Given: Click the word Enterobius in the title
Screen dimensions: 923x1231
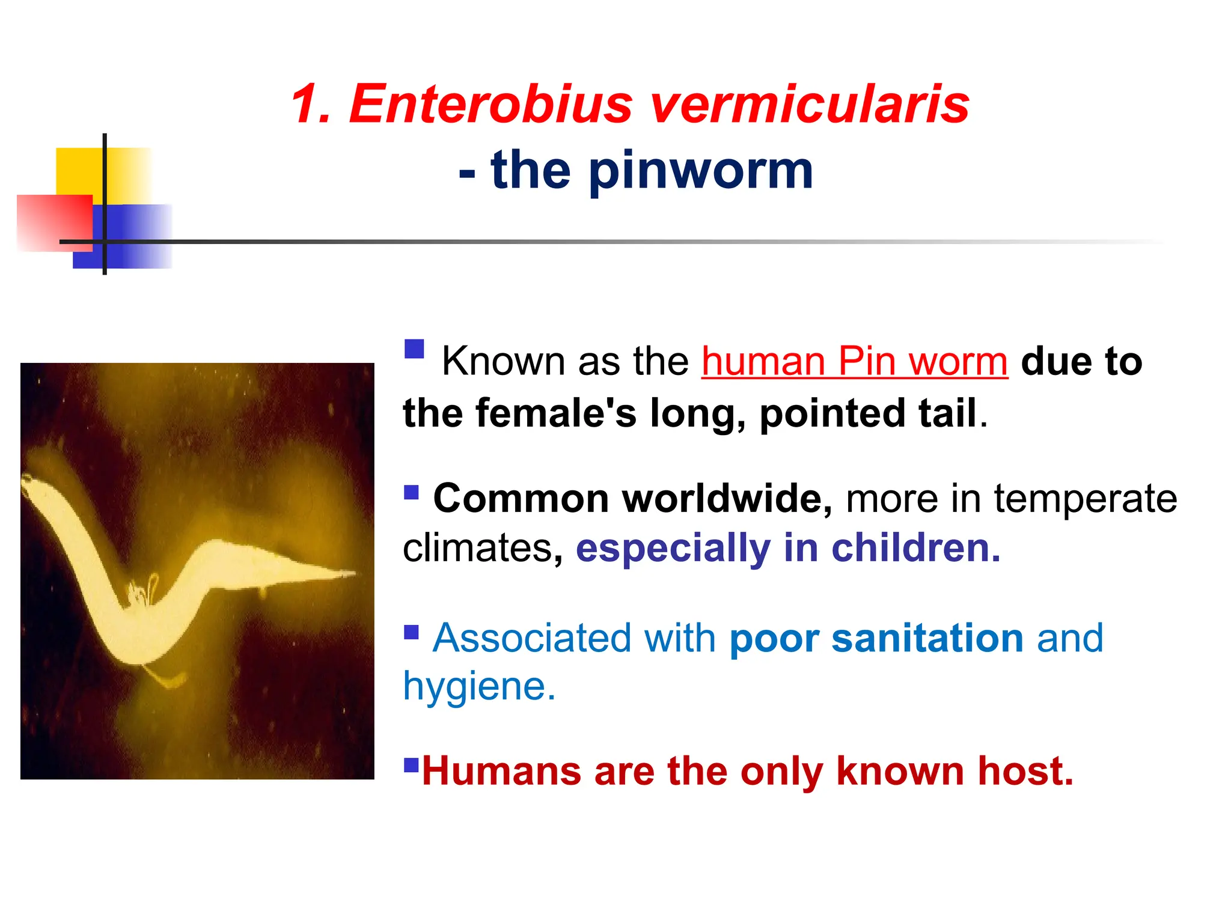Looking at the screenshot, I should (490, 105).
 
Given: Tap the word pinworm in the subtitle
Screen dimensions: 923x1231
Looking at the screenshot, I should (701, 171).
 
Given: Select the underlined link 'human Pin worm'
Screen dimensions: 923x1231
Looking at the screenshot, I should (854, 362).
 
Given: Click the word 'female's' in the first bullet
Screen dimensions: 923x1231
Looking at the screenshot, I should (555, 414).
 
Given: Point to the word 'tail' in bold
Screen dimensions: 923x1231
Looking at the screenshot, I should (947, 414).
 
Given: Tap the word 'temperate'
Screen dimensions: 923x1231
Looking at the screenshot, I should (1085, 499).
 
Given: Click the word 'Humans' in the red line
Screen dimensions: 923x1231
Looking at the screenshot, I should (501, 771).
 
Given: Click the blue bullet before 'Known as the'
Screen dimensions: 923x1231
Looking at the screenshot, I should (414, 349).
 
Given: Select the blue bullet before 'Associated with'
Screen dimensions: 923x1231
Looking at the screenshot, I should (411, 632).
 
